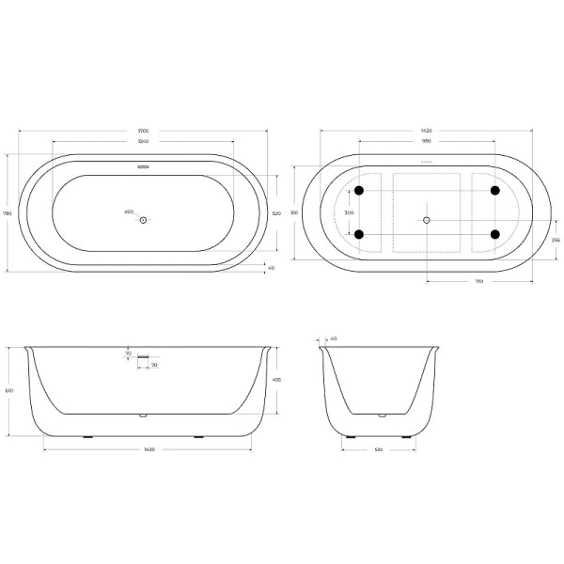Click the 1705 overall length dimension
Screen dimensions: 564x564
[x=143, y=130]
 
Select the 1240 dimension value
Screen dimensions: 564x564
[x=143, y=142]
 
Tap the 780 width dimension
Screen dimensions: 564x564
[x=8, y=213]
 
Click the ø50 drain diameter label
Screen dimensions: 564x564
[x=129, y=211]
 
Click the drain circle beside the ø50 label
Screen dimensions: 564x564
[x=143, y=220]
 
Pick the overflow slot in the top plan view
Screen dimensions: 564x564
[x=143, y=168]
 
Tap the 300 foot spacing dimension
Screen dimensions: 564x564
[x=349, y=213]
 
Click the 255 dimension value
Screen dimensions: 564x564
[x=556, y=241]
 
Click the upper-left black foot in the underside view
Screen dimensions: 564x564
[x=358, y=192]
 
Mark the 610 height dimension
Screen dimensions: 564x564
[x=9, y=390]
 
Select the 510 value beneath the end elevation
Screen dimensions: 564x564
[x=378, y=450]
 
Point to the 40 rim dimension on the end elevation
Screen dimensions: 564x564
[x=333, y=338]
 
